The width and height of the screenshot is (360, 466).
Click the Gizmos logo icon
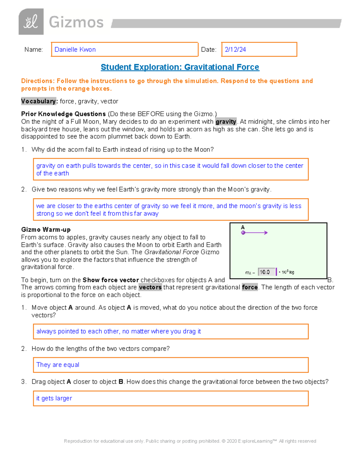[x=31, y=22]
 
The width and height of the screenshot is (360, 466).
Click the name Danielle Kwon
[x=75, y=50]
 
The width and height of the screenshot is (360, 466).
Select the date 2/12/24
[x=235, y=50]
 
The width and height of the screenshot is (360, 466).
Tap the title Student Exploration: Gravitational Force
[x=180, y=67]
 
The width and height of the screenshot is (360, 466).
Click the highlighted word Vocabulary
[x=38, y=101]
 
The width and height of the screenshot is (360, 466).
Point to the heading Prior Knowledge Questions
[x=63, y=114]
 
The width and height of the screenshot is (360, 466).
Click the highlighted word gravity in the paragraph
[x=226, y=122]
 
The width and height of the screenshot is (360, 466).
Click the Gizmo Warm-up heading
[x=46, y=230]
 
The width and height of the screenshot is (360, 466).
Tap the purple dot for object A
[x=243, y=233]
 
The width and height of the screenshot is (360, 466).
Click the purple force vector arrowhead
[x=266, y=233]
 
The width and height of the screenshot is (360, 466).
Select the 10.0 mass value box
[x=266, y=272]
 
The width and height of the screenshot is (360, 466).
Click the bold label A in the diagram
[x=243, y=227]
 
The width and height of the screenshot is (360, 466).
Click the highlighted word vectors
[x=150, y=287]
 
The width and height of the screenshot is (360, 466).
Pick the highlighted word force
[x=250, y=287]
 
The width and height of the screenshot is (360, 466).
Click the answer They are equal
[x=58, y=365]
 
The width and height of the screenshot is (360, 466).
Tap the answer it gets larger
[x=54, y=398]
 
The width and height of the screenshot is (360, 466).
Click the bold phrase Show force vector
[x=110, y=280]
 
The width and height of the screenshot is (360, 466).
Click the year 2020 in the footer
[x=232, y=441]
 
